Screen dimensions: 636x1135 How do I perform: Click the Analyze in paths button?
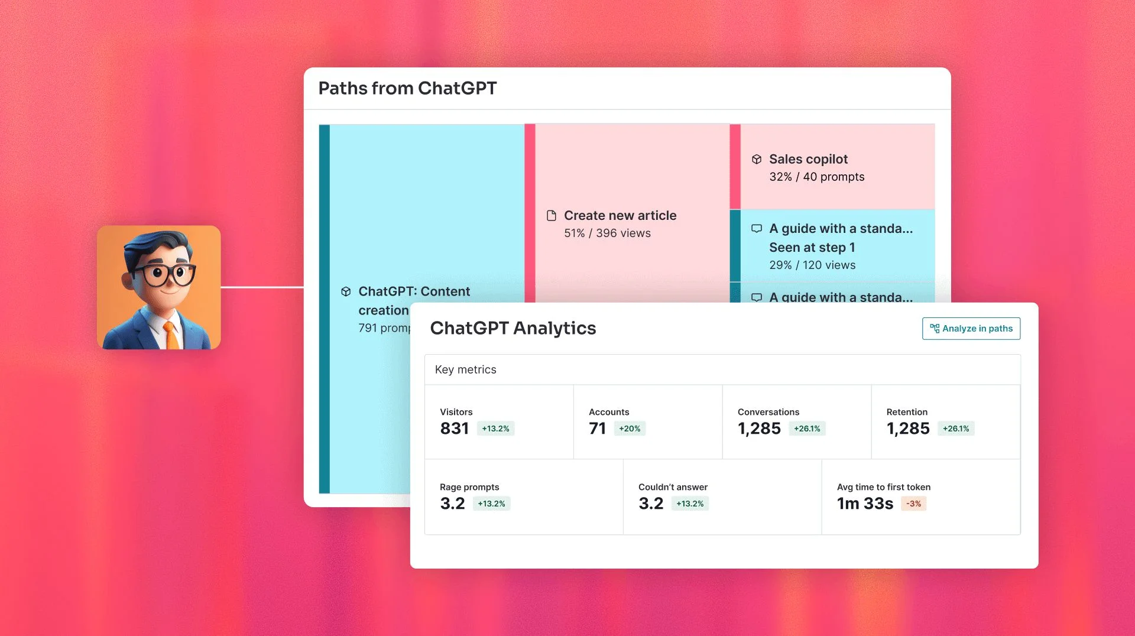pyautogui.click(x=971, y=329)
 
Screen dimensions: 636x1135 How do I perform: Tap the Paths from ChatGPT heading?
pyautogui.click(x=407, y=88)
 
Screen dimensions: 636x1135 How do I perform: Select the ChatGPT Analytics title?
pyautogui.click(x=513, y=328)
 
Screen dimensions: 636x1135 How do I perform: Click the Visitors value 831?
pyautogui.click(x=454, y=429)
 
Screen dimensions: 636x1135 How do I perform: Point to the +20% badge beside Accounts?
pyautogui.click(x=630, y=429)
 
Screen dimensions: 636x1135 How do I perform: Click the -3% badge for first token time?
pyautogui.click(x=913, y=504)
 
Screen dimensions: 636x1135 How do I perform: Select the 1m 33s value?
pyautogui.click(x=865, y=504)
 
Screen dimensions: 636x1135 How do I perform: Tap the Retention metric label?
pyautogui.click(x=907, y=412)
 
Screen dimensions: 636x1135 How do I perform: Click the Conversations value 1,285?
pyautogui.click(x=759, y=429)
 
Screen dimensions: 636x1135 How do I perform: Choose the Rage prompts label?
pyautogui.click(x=469, y=487)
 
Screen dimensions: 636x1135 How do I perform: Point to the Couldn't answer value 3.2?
pyautogui.click(x=651, y=504)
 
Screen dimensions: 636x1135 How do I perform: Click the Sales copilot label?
pyautogui.click(x=808, y=159)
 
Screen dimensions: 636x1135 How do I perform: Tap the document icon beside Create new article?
pyautogui.click(x=552, y=216)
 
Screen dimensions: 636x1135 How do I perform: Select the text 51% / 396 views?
pyautogui.click(x=607, y=233)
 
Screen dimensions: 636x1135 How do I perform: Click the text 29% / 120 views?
pyautogui.click(x=812, y=265)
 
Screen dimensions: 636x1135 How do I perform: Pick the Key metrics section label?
pyautogui.click(x=465, y=369)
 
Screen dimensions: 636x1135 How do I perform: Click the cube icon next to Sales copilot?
pyautogui.click(x=757, y=159)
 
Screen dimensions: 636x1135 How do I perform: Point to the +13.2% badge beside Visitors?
pyautogui.click(x=495, y=429)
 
